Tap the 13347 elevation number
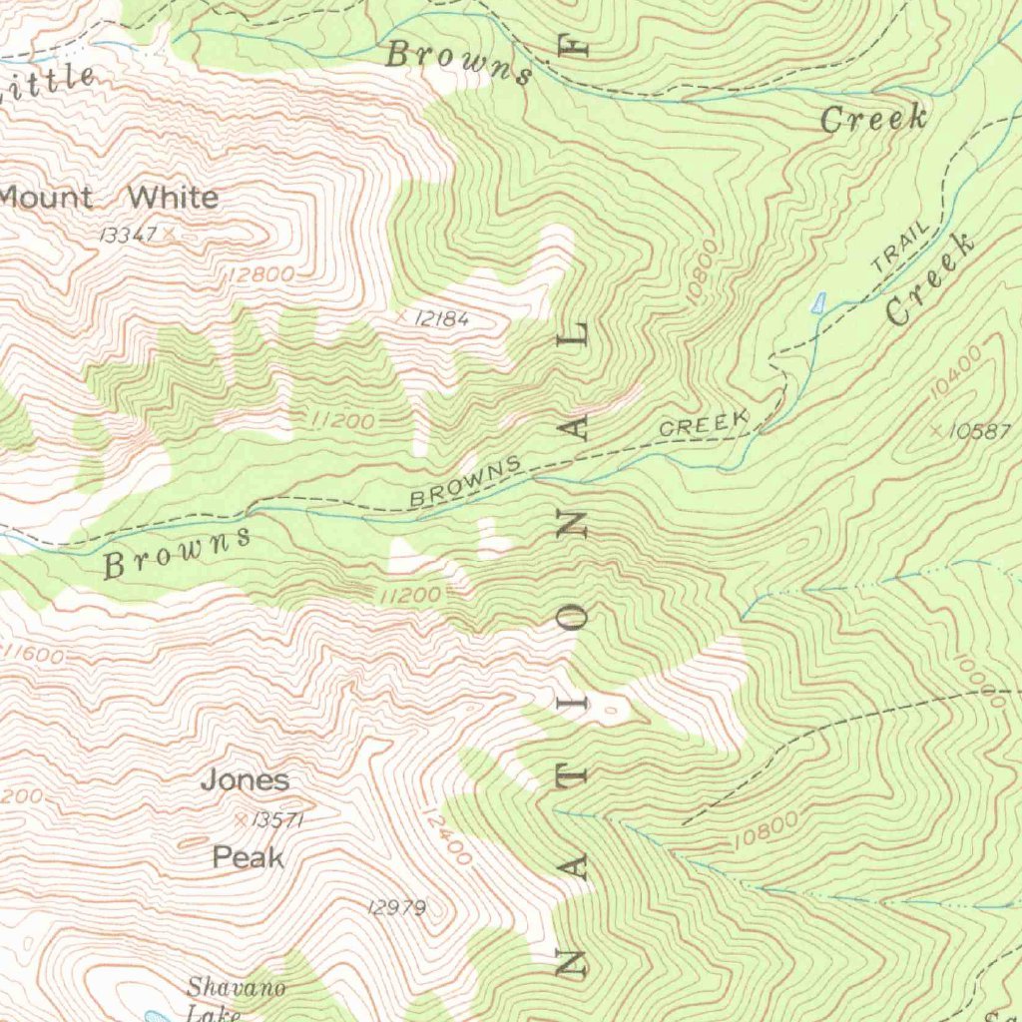(130, 234)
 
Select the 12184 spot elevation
(440, 318)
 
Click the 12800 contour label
(259, 273)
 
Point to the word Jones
(245, 779)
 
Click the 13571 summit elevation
(277, 820)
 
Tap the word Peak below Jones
(248, 857)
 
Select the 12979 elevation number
(396, 907)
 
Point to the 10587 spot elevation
(980, 432)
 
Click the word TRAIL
(900, 248)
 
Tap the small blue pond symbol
(819, 302)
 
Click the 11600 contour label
(34, 655)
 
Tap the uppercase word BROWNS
(465, 481)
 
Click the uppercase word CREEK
(704, 424)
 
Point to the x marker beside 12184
(402, 316)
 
